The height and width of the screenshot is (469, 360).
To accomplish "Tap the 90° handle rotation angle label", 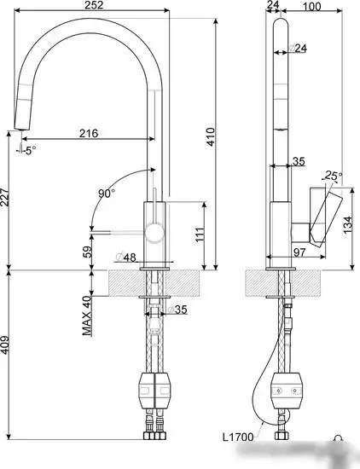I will pos(106,194).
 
